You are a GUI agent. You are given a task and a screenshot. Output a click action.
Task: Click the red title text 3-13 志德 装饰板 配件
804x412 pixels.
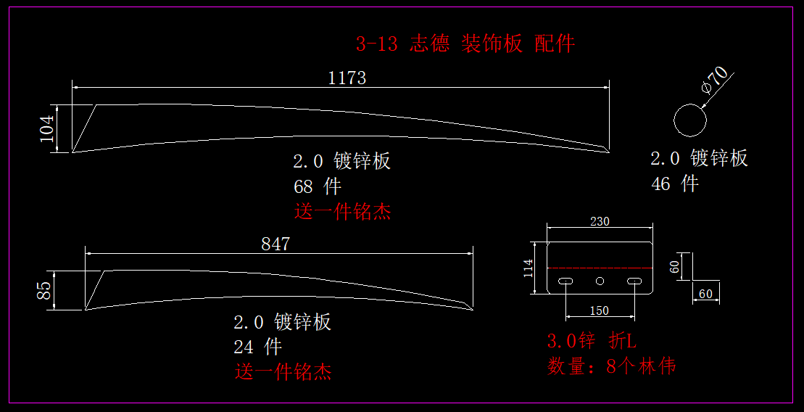[465, 44]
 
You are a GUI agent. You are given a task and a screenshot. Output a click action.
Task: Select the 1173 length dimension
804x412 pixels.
[347, 78]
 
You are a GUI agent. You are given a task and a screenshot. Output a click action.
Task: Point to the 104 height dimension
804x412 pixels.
[47, 128]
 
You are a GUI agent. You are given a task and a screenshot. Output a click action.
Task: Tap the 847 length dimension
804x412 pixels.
[275, 244]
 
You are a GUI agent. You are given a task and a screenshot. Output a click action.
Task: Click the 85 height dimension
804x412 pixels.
[44, 290]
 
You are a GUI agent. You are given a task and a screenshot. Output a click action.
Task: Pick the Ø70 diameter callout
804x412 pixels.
[715, 79]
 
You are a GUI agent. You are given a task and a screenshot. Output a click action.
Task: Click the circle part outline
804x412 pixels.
[689, 120]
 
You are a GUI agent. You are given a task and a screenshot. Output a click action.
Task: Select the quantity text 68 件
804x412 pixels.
[317, 186]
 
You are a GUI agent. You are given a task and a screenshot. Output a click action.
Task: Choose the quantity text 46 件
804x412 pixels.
[674, 184]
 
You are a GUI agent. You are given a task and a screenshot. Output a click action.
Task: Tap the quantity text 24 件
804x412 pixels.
[257, 347]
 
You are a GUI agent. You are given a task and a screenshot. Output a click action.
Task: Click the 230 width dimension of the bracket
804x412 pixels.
[600, 222]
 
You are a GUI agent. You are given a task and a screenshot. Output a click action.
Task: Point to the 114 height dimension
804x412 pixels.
[529, 268]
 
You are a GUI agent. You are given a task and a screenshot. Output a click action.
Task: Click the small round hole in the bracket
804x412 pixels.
[600, 281]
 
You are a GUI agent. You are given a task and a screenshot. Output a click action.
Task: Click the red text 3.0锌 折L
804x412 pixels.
[592, 340]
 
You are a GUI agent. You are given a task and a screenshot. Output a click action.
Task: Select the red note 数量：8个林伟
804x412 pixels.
[611, 366]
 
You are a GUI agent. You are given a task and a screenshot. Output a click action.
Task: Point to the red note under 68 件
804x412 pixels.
[342, 212]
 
